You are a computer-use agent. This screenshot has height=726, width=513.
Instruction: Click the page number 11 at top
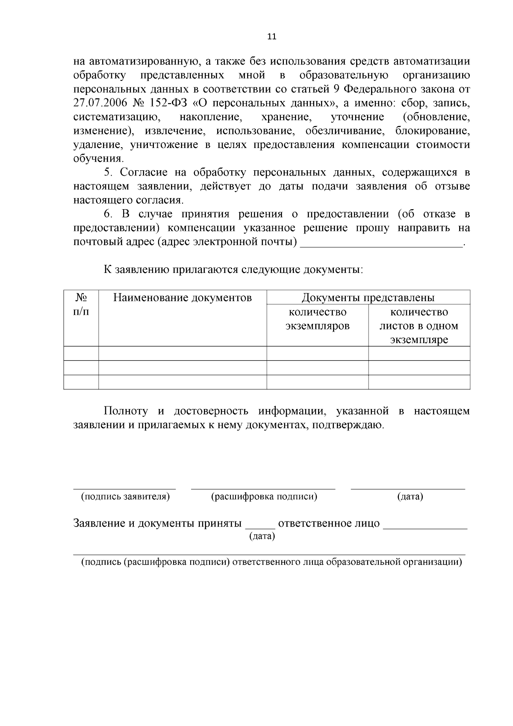pos(271,36)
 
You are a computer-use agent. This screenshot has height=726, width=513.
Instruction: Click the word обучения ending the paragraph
pos(98,159)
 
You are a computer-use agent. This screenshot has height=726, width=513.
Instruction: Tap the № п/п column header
pos(81,304)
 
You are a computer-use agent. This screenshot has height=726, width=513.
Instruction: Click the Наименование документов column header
pos(183,298)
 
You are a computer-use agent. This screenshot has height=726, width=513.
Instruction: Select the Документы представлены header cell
pos(368,297)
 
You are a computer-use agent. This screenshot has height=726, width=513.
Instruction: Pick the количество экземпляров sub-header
pos(317,319)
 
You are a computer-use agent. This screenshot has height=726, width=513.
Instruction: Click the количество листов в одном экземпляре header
pos(419,326)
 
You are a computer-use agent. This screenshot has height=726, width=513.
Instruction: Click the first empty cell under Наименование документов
pos(183,353)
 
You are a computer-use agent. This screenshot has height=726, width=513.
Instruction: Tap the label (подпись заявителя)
pos(125,497)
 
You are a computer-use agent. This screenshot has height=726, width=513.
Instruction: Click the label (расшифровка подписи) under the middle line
pos(264,497)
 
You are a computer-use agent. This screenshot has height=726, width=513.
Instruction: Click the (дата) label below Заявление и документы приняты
pos(262,536)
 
